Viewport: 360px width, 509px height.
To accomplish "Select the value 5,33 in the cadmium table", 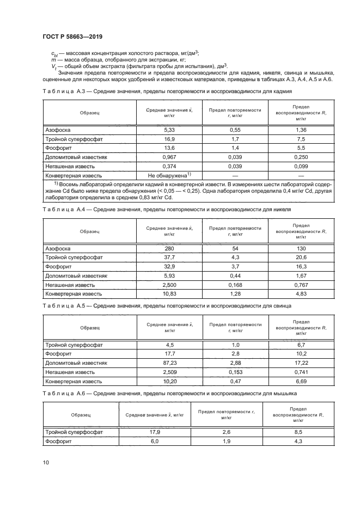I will click(x=169, y=130).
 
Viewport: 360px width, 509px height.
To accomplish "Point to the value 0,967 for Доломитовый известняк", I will click(x=169, y=157).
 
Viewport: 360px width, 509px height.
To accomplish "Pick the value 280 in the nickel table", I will click(x=169, y=248).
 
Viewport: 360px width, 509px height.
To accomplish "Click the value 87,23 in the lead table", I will click(x=169, y=362).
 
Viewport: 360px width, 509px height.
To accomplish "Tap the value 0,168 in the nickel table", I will click(x=235, y=285).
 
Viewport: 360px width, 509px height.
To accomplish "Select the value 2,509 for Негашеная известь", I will click(x=169, y=371).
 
